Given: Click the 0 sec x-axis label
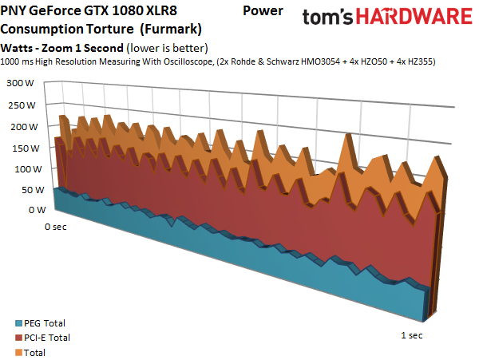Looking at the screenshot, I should tap(56, 227).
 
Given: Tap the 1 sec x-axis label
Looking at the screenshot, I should tap(410, 334).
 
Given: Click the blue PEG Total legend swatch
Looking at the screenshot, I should tap(19, 324).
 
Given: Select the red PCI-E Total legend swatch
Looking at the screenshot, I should tap(19, 338).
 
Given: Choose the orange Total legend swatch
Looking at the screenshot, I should tap(19, 351).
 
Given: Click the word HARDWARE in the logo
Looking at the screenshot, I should tap(415, 18).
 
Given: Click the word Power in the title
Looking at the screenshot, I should tap(262, 11).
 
